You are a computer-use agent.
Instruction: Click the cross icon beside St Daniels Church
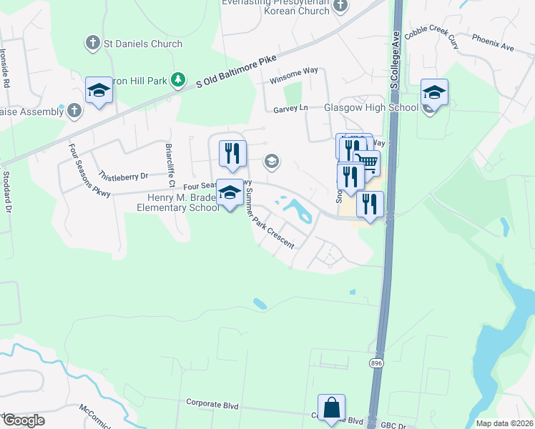pyautogui.click(x=92, y=44)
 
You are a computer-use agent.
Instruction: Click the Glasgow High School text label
pyautogui.click(x=370, y=107)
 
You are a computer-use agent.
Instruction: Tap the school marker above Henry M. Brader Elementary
pyautogui.click(x=230, y=193)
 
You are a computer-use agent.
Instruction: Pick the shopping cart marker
pyautogui.click(x=366, y=164)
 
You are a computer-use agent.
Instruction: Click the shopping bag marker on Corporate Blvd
pyautogui.click(x=331, y=408)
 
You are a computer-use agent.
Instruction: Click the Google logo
pyautogui.click(x=24, y=420)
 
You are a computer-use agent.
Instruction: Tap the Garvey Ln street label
pyautogui.click(x=290, y=109)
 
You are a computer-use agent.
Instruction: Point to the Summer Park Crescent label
pyautogui.click(x=270, y=224)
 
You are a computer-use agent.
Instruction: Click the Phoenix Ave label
pyautogui.click(x=498, y=47)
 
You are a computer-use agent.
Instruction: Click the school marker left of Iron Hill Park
pyautogui.click(x=99, y=91)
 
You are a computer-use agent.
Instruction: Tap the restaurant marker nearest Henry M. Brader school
pyautogui.click(x=232, y=153)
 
